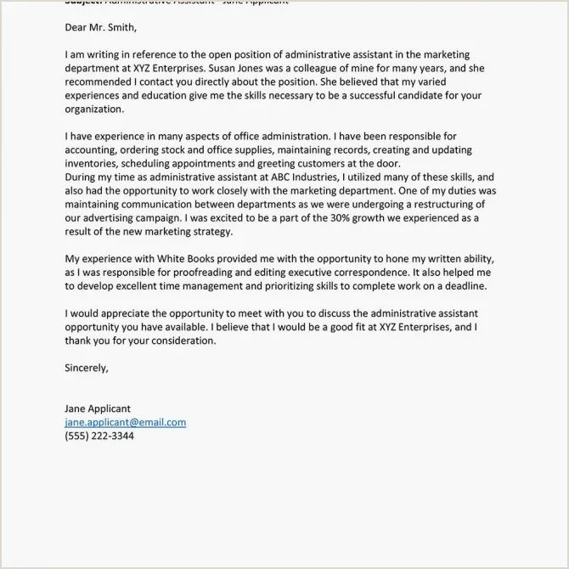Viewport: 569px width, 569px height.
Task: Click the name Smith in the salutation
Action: [121, 28]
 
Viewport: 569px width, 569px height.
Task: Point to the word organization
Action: [93, 110]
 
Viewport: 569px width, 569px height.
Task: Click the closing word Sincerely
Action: [87, 368]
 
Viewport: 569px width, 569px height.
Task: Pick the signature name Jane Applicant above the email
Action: [98, 408]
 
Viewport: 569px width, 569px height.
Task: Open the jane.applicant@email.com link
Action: [125, 422]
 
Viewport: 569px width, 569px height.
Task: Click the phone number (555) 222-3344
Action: [99, 436]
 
